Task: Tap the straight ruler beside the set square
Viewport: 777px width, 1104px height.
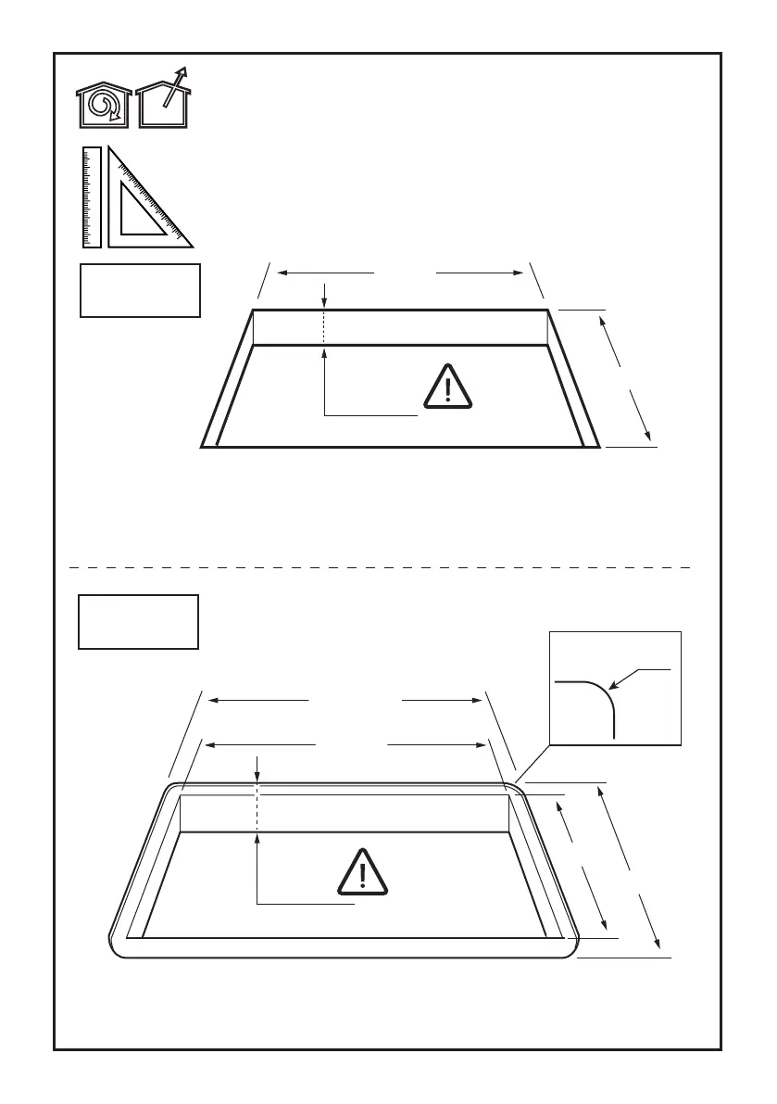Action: click(91, 197)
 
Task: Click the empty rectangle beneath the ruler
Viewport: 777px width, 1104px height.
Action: click(140, 290)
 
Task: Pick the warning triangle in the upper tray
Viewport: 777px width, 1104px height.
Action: click(447, 388)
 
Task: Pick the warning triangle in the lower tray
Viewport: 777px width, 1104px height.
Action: click(362, 873)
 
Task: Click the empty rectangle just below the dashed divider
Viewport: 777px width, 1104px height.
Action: click(138, 621)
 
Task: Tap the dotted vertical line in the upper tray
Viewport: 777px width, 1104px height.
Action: click(325, 327)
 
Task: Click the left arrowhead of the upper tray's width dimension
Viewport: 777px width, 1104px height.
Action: click(283, 273)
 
